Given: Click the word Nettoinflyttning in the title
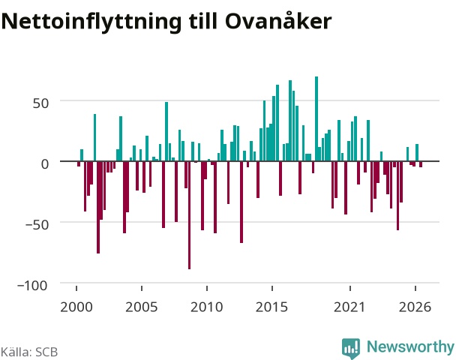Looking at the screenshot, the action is click(91, 22).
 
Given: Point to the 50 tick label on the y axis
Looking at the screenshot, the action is click(40, 103).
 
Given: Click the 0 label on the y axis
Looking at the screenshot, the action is click(45, 163).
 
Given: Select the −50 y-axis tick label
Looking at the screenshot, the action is click(37, 224).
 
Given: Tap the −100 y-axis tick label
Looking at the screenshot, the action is click(32, 285).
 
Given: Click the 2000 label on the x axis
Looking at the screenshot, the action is click(76, 307).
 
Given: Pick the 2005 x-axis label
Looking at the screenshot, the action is click(141, 307).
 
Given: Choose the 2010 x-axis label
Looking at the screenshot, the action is click(206, 307).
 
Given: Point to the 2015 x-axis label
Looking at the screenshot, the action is click(271, 307).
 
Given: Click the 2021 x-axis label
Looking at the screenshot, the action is click(349, 307).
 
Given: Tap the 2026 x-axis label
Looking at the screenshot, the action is click(415, 307).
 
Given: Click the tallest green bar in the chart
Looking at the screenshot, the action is click(316, 118).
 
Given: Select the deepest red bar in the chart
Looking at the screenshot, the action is click(189, 215).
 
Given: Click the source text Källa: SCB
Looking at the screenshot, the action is click(29, 352).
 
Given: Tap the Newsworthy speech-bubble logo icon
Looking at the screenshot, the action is click(351, 348).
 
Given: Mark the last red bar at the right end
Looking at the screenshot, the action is click(421, 164).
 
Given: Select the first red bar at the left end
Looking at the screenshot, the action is click(79, 163).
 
